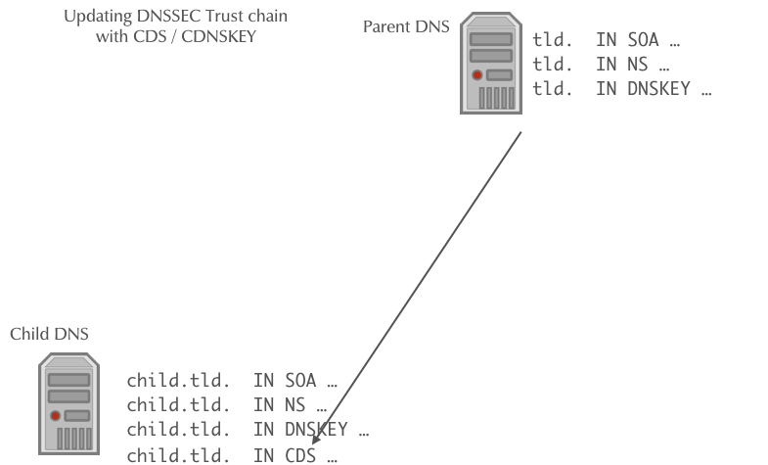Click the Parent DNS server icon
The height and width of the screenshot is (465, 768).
pos(491,64)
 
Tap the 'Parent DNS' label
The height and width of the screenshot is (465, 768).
pos(406,27)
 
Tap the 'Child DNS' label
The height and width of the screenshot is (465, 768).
pos(49,335)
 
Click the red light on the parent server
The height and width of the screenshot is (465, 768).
pos(476,75)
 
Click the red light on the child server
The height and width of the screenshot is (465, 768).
pos(55,416)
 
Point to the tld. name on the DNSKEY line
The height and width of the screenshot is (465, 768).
pos(553,90)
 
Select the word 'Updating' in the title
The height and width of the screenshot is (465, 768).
pos(94,18)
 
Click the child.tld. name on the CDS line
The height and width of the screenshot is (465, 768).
pos(178,453)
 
